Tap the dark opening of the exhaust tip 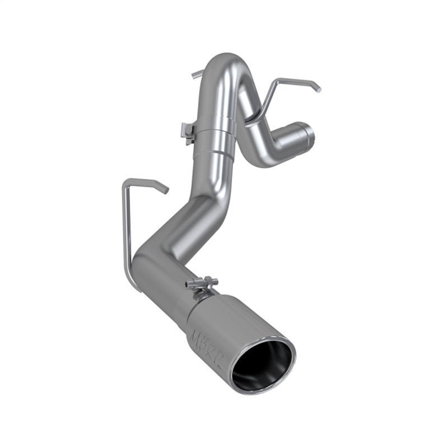262,362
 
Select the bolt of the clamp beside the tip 202,283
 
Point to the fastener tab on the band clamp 187,132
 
